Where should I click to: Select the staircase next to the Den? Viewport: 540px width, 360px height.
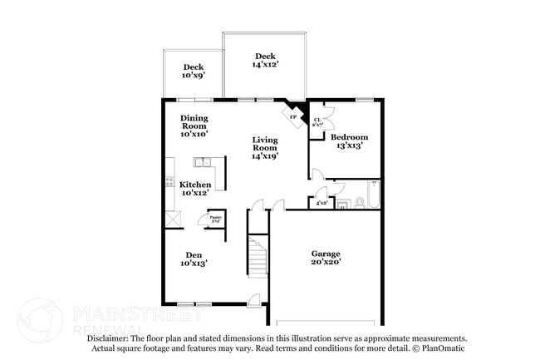click(259, 258)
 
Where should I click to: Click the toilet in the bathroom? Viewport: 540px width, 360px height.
click(358, 201)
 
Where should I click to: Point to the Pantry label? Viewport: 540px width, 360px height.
click(215, 219)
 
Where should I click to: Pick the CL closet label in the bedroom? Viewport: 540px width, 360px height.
click(317, 123)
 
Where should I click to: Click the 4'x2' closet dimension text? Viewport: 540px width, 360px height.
click(322, 201)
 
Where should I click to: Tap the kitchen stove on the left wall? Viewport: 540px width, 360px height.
click(169, 182)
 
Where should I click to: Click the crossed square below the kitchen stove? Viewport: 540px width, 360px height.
click(172, 219)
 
